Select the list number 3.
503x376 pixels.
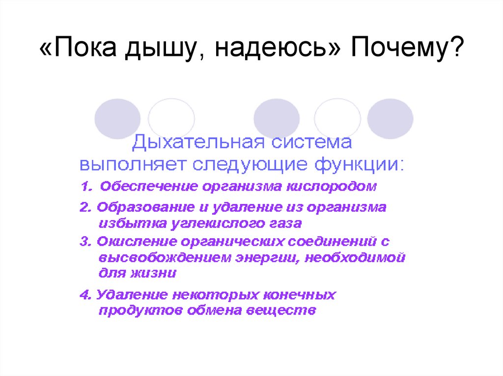[x=84, y=241]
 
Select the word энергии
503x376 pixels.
[x=258, y=256]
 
